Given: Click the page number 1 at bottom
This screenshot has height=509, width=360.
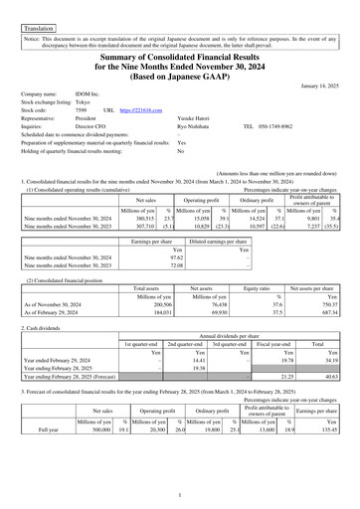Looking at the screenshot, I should coord(180,494).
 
